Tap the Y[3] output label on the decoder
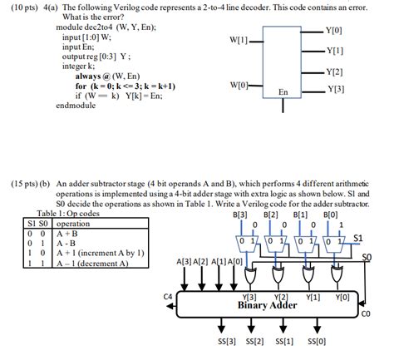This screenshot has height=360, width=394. (337, 88)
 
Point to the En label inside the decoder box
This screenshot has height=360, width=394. (283, 91)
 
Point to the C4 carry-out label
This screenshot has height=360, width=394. (167, 296)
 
